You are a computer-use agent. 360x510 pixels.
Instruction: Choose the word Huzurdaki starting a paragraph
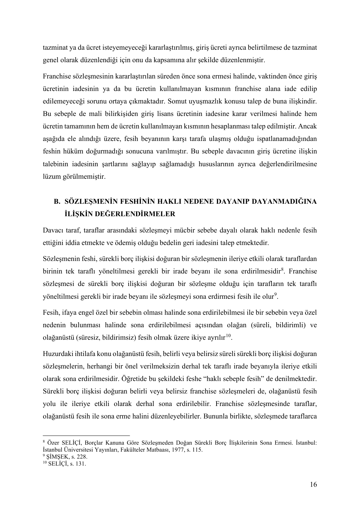pos(55,354)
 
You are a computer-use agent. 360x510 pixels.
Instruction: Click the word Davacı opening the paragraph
pos(52,230)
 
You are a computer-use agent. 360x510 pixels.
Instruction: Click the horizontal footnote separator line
pos(86,436)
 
